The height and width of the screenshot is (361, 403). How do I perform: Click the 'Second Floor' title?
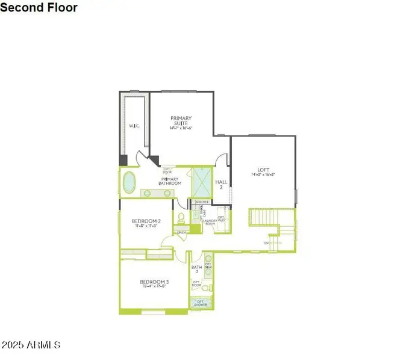point(39,8)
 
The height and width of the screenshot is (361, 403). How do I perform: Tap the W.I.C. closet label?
point(134,126)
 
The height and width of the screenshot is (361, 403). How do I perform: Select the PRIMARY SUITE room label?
point(180,122)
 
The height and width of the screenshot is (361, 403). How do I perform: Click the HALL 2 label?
point(221,184)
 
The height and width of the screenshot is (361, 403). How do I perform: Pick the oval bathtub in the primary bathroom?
point(130,182)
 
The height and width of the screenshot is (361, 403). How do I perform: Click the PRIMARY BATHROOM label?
point(170,180)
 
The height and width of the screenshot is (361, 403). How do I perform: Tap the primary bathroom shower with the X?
point(202,183)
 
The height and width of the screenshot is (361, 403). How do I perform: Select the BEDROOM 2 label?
point(146,223)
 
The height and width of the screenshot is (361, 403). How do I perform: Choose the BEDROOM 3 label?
point(154,283)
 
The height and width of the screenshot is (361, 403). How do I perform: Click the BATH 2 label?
point(196,268)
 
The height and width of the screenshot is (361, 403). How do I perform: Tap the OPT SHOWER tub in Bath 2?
point(201,304)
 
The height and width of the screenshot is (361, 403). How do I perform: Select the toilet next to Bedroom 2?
point(181,218)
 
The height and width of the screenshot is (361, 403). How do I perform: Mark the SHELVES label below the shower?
point(202,202)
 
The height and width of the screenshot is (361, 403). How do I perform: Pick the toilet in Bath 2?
point(205,288)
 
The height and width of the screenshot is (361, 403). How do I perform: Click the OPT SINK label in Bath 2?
point(208,267)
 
